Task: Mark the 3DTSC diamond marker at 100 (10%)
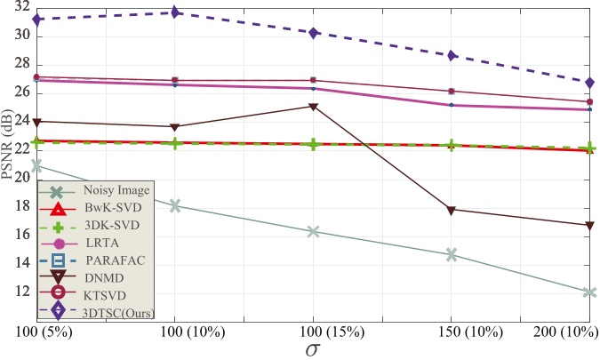click(175, 12)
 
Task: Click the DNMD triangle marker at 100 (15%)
click(313, 107)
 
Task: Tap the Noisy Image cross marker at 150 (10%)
click(452, 254)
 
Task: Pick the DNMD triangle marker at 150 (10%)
click(452, 210)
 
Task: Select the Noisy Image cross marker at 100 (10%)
click(175, 205)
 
